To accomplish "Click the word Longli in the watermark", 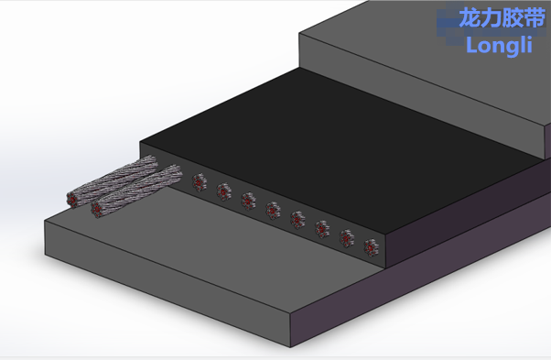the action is pos(500,46).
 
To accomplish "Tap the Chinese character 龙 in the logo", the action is pos(470,17).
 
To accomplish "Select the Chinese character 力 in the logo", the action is pos(492,17).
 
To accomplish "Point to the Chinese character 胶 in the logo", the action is pos(513,17).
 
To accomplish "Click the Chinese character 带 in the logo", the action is pos(535,17).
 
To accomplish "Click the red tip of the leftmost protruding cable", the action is pos(72,200).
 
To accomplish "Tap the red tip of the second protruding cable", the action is pos(96,209).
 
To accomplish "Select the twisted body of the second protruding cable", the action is pos(137,190).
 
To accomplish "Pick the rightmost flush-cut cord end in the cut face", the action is pos(371,247).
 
